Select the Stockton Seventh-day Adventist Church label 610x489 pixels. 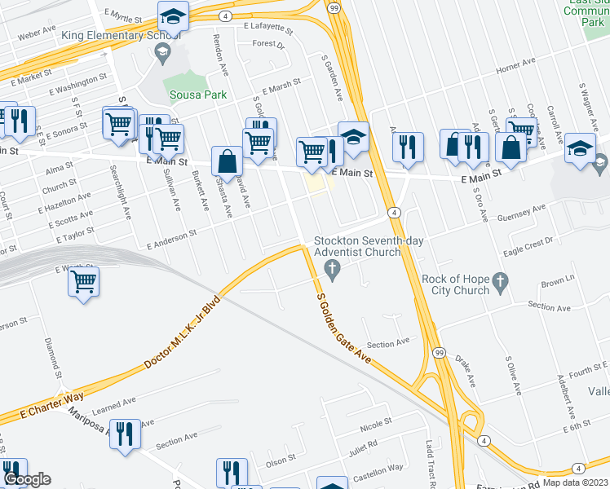[x=357, y=246]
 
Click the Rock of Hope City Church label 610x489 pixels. [x=456, y=284]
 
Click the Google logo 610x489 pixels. [x=27, y=478]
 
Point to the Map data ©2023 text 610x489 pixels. [x=575, y=482]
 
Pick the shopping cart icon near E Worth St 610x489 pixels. [x=83, y=282]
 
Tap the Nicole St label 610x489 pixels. [x=376, y=425]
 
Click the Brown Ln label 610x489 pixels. [x=557, y=281]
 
